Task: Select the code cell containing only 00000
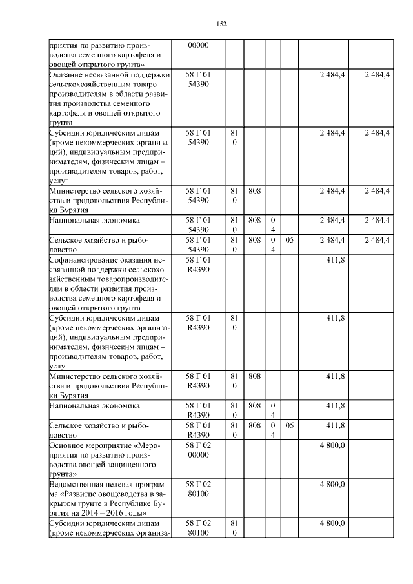point(197,46)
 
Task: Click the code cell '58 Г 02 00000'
point(197,450)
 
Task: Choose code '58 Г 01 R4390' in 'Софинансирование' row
point(197,265)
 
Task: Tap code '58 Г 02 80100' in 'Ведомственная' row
point(197,488)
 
